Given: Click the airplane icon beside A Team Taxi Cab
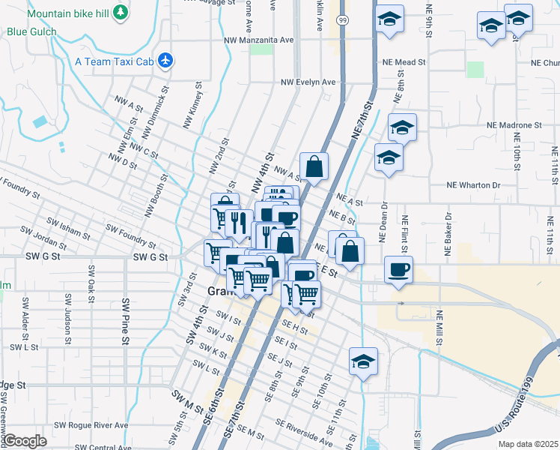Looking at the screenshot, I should pyautogui.click(x=165, y=61).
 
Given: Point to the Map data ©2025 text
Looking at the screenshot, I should pyautogui.click(x=528, y=444).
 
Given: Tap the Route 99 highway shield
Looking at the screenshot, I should pyautogui.click(x=342, y=19).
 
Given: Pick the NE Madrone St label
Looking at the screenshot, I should pyautogui.click(x=514, y=124).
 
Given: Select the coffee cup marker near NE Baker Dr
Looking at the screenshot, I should pyautogui.click(x=399, y=268).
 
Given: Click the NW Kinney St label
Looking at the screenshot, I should pyautogui.click(x=193, y=104).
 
